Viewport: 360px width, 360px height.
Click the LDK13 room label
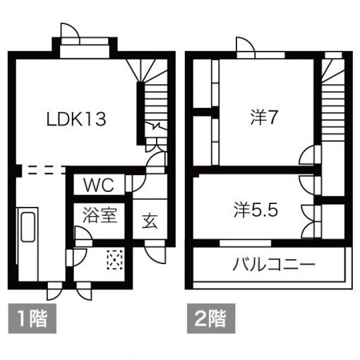point(76,119)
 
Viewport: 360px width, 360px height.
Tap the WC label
point(99,185)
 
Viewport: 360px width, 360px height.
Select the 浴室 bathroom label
point(100,215)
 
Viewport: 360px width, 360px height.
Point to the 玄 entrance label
point(150,221)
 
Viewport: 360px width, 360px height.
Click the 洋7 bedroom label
point(264,117)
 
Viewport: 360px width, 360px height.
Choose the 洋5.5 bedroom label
point(256,210)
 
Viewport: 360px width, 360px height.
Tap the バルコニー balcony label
point(274,264)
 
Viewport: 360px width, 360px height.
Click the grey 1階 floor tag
point(32,318)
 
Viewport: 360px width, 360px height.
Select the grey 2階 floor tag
point(211,318)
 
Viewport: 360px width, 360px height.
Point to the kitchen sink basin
point(28,227)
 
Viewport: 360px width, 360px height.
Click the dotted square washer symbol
point(115,260)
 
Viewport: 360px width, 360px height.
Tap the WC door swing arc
point(139,183)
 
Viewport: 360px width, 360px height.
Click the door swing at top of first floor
point(69,30)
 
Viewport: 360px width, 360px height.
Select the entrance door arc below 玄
point(155,253)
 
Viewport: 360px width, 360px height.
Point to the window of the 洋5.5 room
point(245,243)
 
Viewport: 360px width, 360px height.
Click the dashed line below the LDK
point(44,171)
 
